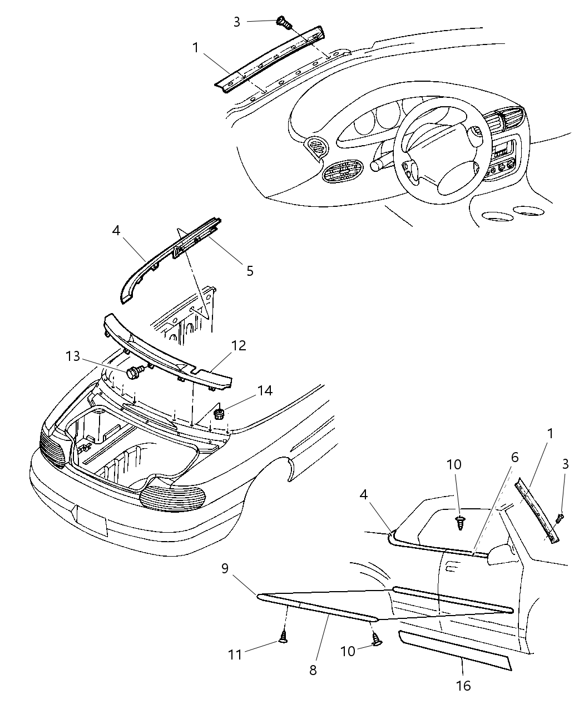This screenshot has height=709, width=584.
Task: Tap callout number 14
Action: pyautogui.click(x=265, y=391)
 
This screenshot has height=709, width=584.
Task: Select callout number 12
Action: pyautogui.click(x=238, y=346)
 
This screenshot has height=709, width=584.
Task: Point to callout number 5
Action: pyautogui.click(x=250, y=271)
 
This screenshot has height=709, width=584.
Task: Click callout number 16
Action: pyautogui.click(x=463, y=686)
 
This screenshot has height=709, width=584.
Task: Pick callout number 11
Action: pyautogui.click(x=235, y=655)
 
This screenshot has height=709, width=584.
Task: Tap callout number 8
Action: pyautogui.click(x=313, y=670)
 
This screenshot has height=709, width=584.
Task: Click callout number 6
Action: pyautogui.click(x=514, y=457)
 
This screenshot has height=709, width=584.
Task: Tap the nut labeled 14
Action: pyautogui.click(x=219, y=414)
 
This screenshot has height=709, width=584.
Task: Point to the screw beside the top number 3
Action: pyautogui.click(x=285, y=23)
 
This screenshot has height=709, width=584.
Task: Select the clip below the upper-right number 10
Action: pyautogui.click(x=460, y=522)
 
